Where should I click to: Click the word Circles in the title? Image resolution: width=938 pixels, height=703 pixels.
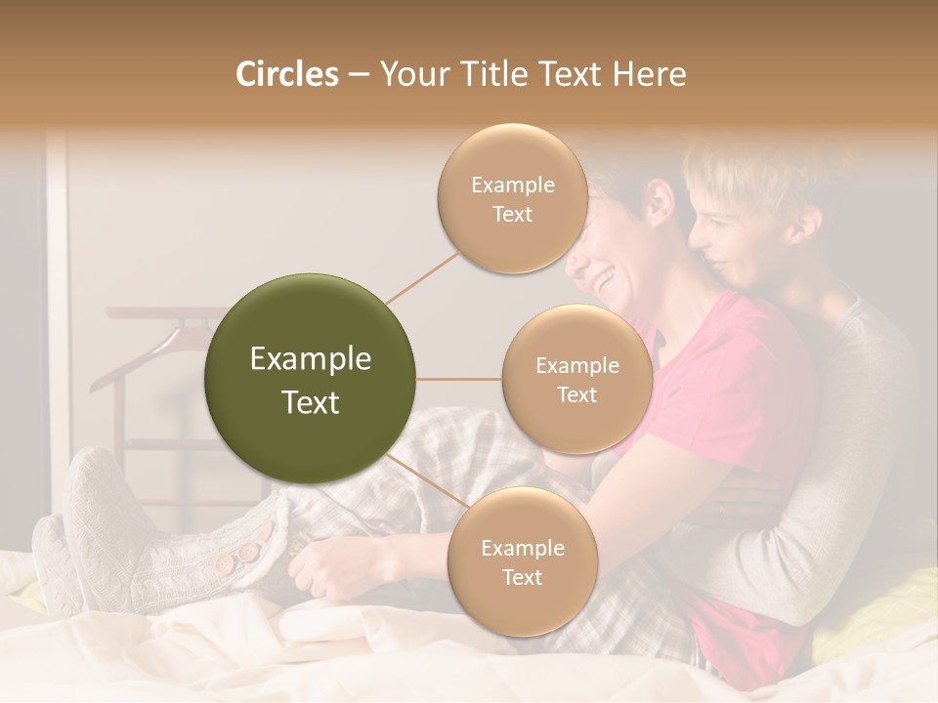click(286, 74)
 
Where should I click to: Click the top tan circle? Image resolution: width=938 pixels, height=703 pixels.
click(512, 199)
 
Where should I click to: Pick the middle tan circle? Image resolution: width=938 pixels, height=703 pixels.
click(576, 380)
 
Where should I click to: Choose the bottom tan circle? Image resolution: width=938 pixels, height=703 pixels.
click(522, 562)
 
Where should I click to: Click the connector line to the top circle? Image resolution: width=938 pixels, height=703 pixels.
click(423, 276)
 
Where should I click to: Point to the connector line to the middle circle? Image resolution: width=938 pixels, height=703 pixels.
click(459, 379)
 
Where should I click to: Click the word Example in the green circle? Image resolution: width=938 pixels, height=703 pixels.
click(311, 359)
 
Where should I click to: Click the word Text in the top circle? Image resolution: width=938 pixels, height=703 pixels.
click(512, 215)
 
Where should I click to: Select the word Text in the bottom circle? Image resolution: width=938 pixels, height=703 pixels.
click(522, 578)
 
